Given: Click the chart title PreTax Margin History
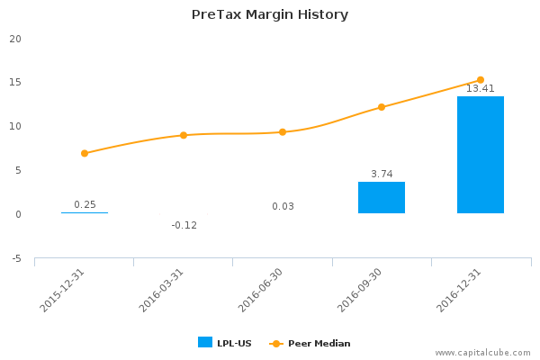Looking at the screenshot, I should tap(270, 14).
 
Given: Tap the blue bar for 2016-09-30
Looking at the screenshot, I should tap(382, 198).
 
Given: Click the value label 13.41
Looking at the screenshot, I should tap(481, 88).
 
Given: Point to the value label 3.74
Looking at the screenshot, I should tap(382, 174).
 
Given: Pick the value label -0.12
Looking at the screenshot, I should tap(184, 225).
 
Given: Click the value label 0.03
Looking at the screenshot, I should tap(283, 206).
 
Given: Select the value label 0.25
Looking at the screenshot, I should tap(85, 204).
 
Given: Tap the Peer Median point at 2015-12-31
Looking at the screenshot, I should tap(85, 153).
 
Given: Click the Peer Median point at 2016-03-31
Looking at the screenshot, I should tap(184, 135).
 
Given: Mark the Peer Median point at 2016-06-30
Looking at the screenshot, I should tap(283, 132).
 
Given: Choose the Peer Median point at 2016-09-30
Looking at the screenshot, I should tap(382, 107).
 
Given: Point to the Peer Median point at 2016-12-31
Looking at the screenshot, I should tap(481, 80).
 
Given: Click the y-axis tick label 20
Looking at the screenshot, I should tap(15, 39).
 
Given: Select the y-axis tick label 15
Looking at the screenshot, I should tap(15, 83).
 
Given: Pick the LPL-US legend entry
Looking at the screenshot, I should tap(226, 343).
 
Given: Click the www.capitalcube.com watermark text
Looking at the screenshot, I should tap(483, 353).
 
